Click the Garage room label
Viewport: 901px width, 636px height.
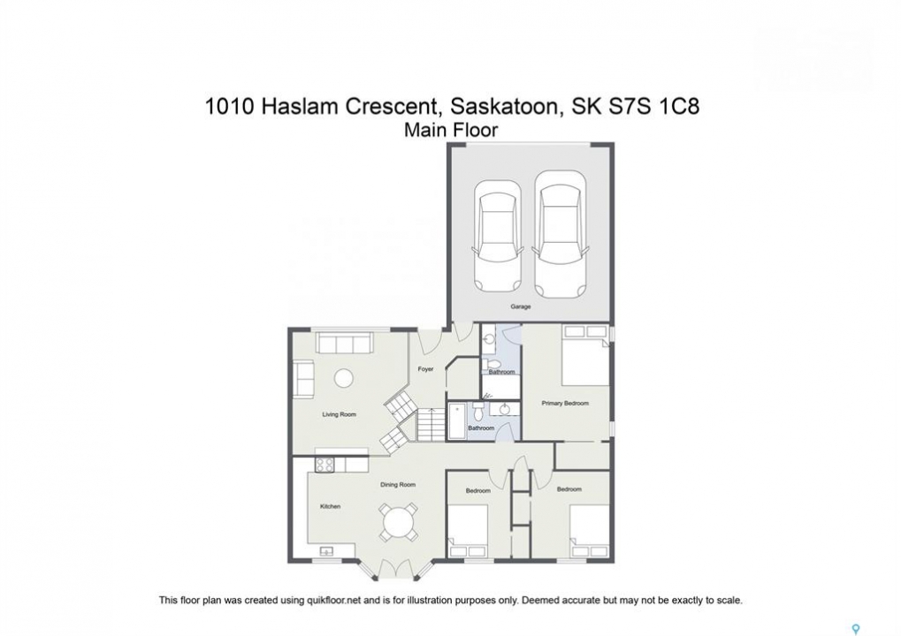tap(521, 307)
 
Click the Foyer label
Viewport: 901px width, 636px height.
tap(425, 369)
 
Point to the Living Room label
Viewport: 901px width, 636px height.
tap(339, 414)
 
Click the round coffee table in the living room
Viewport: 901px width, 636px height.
tap(344, 378)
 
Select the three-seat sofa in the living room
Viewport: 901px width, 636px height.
tap(344, 344)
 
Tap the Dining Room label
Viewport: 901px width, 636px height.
tap(398, 484)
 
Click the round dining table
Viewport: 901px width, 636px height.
tap(398, 522)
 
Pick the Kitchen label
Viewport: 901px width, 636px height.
tap(331, 506)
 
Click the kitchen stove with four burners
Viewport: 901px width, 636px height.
tap(325, 464)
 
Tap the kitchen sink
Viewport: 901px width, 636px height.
tap(325, 551)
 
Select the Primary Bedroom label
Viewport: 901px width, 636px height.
tap(565, 403)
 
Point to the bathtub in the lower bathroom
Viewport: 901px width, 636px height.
tap(457, 421)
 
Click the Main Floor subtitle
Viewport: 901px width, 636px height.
tap(451, 130)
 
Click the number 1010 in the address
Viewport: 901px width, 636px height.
tap(229, 106)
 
